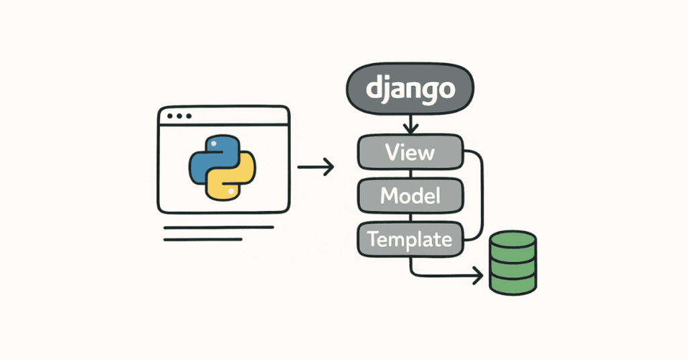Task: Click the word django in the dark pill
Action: pos(410,91)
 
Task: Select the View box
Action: pos(410,152)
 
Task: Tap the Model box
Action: pos(410,195)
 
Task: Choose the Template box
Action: pos(410,238)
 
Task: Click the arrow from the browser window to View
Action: pos(315,167)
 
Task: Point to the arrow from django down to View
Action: pos(410,124)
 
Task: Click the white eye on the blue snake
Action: pos(212,144)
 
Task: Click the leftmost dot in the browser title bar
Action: pos(170,116)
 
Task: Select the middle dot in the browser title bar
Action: pos(179,116)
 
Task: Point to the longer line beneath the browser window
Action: pos(218,228)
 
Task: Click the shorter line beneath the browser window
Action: pos(202,239)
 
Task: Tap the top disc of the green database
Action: pos(512,241)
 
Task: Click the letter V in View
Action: pos(392,152)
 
